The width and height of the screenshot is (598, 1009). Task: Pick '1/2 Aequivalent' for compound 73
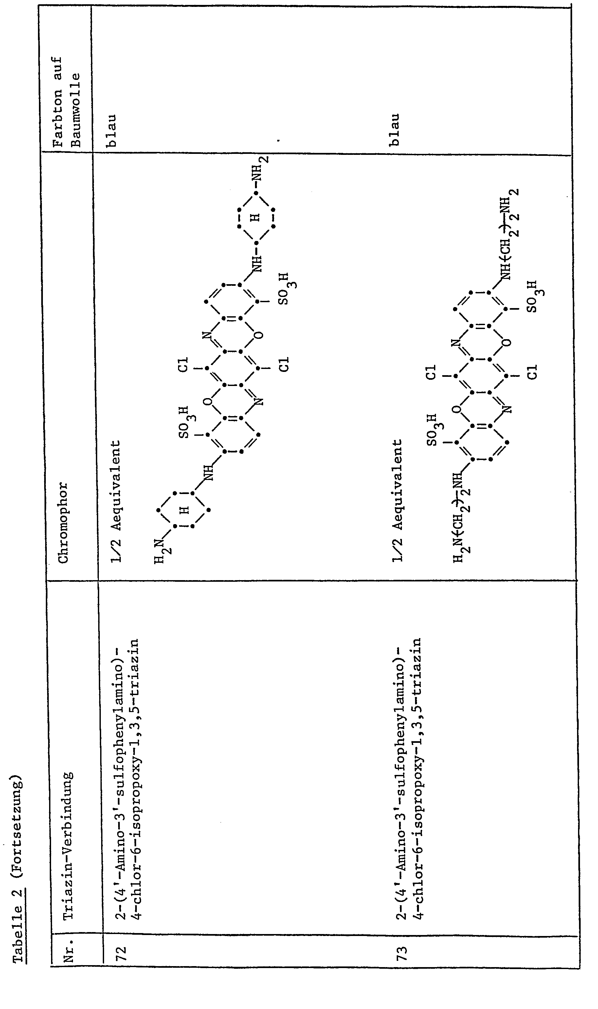tap(398, 501)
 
